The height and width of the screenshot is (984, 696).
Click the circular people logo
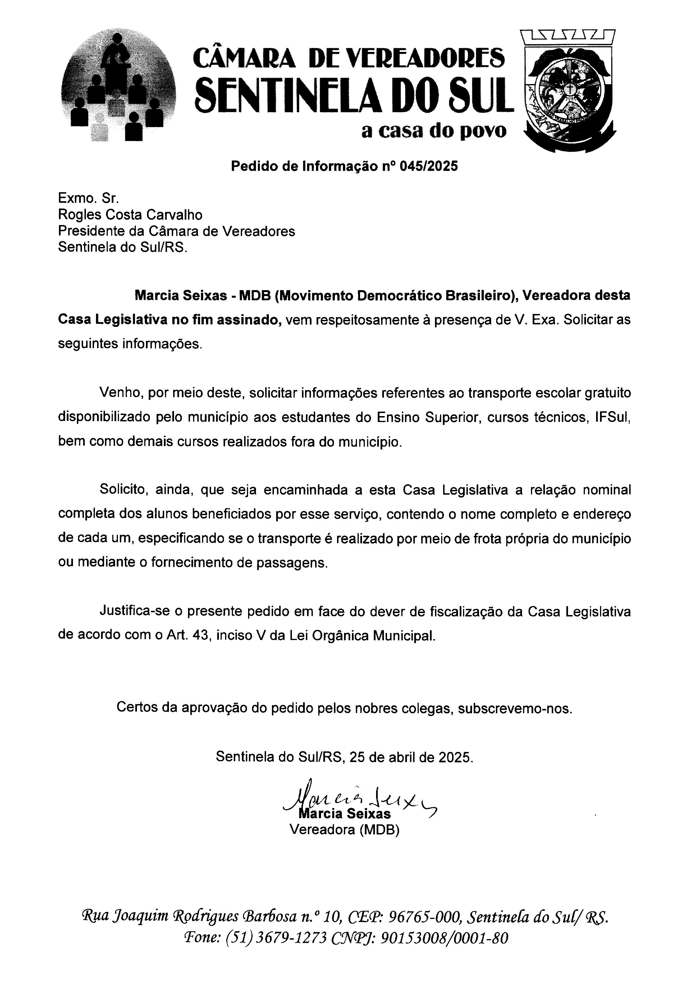118,86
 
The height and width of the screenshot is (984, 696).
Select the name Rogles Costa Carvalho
130,214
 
